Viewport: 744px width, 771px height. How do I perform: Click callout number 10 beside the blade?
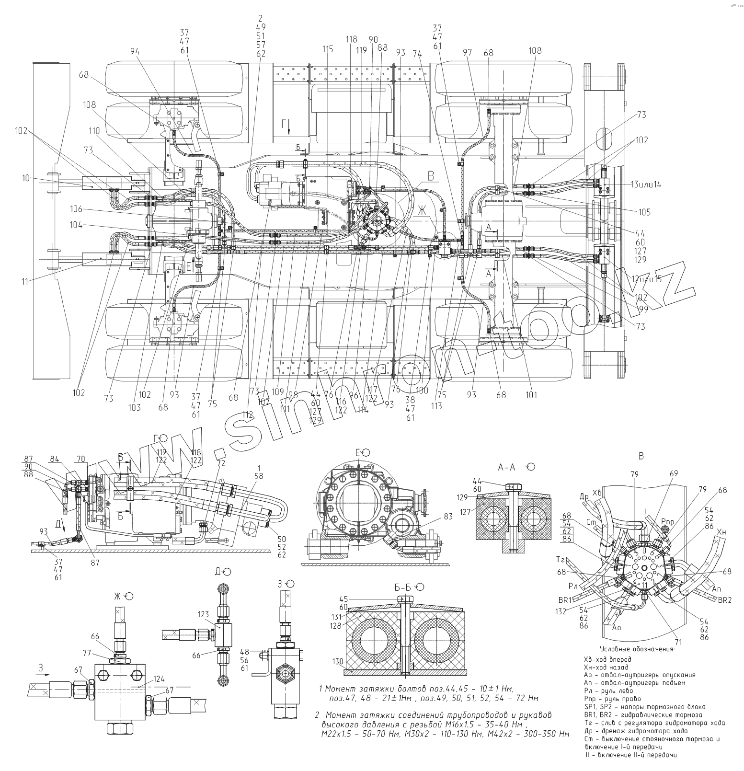[x=25, y=178]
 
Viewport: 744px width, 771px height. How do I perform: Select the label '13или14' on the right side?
[x=646, y=185]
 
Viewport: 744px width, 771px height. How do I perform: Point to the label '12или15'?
[x=647, y=279]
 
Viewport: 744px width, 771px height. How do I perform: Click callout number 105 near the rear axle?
[x=644, y=212]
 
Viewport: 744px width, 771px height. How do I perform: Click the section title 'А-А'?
[x=508, y=467]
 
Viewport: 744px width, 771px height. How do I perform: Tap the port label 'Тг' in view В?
[x=562, y=560]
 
